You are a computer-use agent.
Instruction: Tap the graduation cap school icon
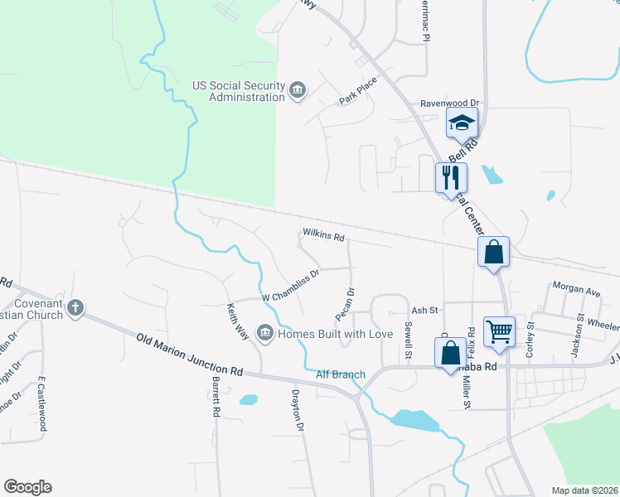click(462, 124)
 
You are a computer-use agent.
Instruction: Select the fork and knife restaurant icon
click(451, 176)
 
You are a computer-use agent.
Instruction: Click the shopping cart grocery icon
click(499, 331)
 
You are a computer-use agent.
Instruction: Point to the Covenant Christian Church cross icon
click(75, 308)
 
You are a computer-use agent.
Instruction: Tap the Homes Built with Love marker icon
click(265, 334)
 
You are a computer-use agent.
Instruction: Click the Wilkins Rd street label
click(323, 236)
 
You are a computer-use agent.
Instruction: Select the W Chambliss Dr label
click(290, 286)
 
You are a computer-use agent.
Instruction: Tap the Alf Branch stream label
click(341, 375)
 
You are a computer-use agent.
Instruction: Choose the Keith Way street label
click(238, 321)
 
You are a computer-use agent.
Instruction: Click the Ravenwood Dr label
click(450, 104)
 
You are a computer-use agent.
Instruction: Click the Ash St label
click(424, 311)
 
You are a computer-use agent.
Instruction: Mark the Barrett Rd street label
click(216, 398)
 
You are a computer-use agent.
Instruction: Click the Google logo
click(27, 487)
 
